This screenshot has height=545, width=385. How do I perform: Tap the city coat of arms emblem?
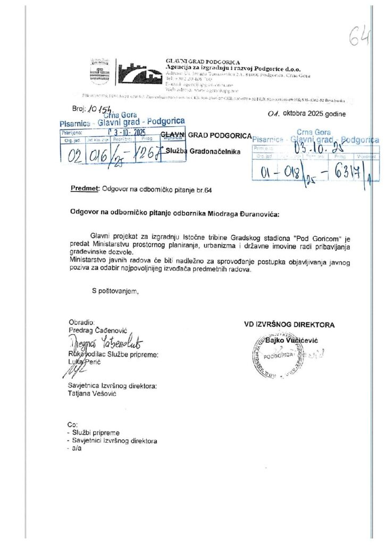click(x=99, y=71)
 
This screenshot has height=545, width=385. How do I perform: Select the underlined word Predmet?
click(x=85, y=189)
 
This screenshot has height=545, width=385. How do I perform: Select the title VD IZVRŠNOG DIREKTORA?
click(x=289, y=325)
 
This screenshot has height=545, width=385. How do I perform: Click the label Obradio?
click(x=81, y=323)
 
